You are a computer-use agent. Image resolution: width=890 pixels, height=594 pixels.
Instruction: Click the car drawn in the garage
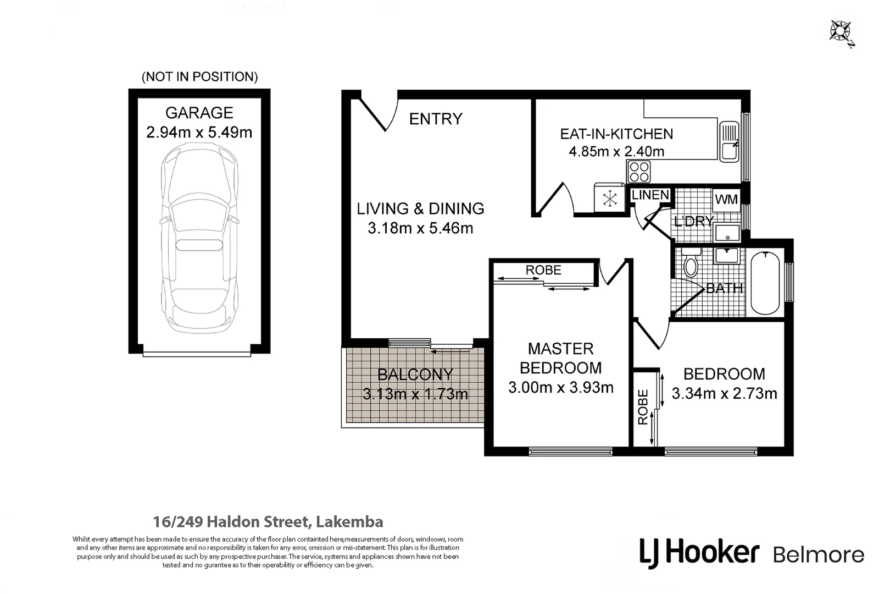[x=199, y=239]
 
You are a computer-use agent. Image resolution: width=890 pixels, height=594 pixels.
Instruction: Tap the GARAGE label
[x=199, y=113]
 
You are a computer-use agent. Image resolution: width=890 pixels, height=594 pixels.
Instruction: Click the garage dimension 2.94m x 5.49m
[x=199, y=133]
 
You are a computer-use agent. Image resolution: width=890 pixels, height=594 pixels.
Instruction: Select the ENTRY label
[x=436, y=119]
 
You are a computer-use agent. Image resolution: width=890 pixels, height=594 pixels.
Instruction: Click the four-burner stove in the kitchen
[x=639, y=172]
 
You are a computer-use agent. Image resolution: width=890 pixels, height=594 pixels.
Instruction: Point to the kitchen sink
[x=730, y=142]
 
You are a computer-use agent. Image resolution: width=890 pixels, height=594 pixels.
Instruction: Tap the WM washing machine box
[x=726, y=200]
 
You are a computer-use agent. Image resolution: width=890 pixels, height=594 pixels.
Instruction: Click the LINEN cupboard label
[x=650, y=195]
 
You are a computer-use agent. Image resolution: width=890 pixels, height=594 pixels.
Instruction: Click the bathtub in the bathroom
[x=765, y=282]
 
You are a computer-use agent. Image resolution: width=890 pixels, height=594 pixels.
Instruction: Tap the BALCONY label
[x=415, y=375]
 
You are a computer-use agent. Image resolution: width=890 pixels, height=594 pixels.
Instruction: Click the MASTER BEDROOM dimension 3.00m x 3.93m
[x=560, y=388]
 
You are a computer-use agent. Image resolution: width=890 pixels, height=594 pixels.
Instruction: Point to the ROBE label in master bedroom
[x=543, y=270]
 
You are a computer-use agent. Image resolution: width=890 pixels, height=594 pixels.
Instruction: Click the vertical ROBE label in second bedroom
[x=643, y=407]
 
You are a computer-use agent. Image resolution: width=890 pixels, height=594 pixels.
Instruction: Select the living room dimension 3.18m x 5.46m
[x=420, y=228]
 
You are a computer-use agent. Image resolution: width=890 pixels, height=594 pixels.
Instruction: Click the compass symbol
[x=841, y=31]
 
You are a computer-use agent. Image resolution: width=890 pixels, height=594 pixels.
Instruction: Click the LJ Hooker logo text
[x=699, y=552]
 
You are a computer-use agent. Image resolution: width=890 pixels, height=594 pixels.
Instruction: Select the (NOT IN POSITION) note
[x=199, y=77]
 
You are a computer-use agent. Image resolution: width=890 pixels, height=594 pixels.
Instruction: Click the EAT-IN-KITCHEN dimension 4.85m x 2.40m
[x=616, y=152]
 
